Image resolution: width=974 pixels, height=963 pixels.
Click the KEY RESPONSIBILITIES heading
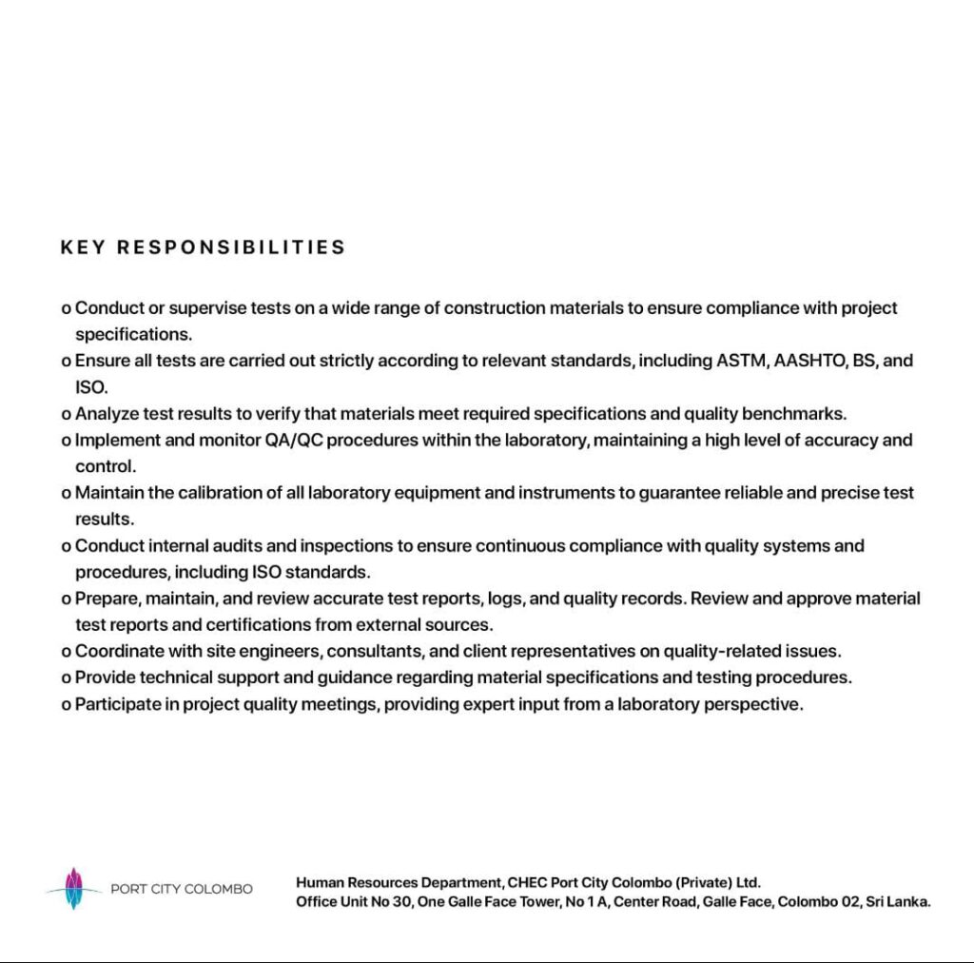(x=203, y=247)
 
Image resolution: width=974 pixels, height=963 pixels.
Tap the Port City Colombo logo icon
(x=73, y=889)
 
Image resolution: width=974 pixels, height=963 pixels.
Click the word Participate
(x=115, y=705)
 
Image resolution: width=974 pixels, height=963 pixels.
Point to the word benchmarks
(x=795, y=414)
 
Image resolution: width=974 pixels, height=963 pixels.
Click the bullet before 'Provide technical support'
(x=66, y=678)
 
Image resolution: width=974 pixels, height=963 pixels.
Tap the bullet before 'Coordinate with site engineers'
(x=66, y=652)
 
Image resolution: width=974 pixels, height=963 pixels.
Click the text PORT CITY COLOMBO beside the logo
(x=182, y=890)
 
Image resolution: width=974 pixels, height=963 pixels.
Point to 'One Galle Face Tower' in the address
(x=488, y=902)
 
